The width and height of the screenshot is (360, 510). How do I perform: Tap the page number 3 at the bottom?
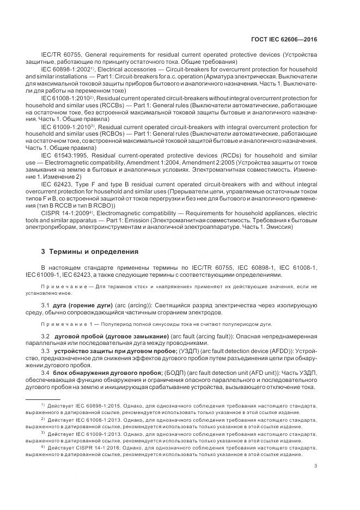315,465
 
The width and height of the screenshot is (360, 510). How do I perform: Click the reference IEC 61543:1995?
63,155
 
